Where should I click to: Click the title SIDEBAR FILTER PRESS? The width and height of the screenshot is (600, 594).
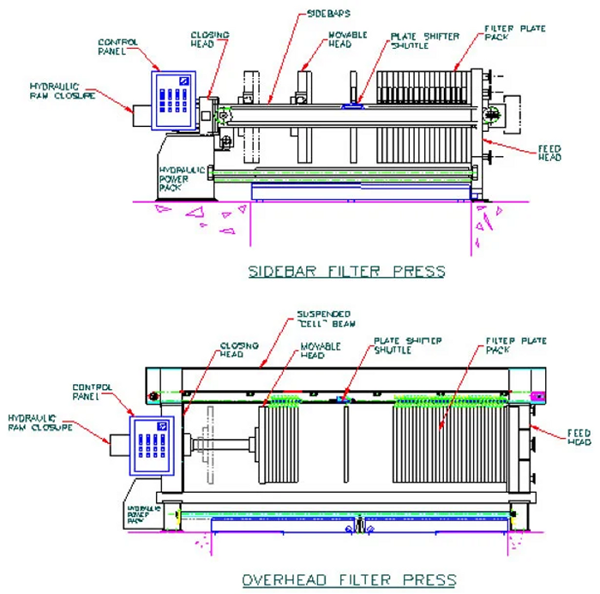[346, 272]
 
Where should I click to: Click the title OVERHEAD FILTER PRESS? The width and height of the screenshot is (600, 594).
[348, 579]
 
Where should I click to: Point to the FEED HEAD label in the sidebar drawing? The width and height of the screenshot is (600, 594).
[549, 153]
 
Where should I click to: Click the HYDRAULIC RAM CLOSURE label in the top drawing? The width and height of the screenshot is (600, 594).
[55, 91]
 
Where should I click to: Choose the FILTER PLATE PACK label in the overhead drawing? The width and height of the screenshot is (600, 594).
[516, 345]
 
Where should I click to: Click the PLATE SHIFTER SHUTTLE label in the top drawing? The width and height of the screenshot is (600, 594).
[424, 41]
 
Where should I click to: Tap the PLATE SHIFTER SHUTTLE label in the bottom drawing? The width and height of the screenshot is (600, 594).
[407, 345]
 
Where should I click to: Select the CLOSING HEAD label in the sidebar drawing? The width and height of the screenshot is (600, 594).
[209, 39]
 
